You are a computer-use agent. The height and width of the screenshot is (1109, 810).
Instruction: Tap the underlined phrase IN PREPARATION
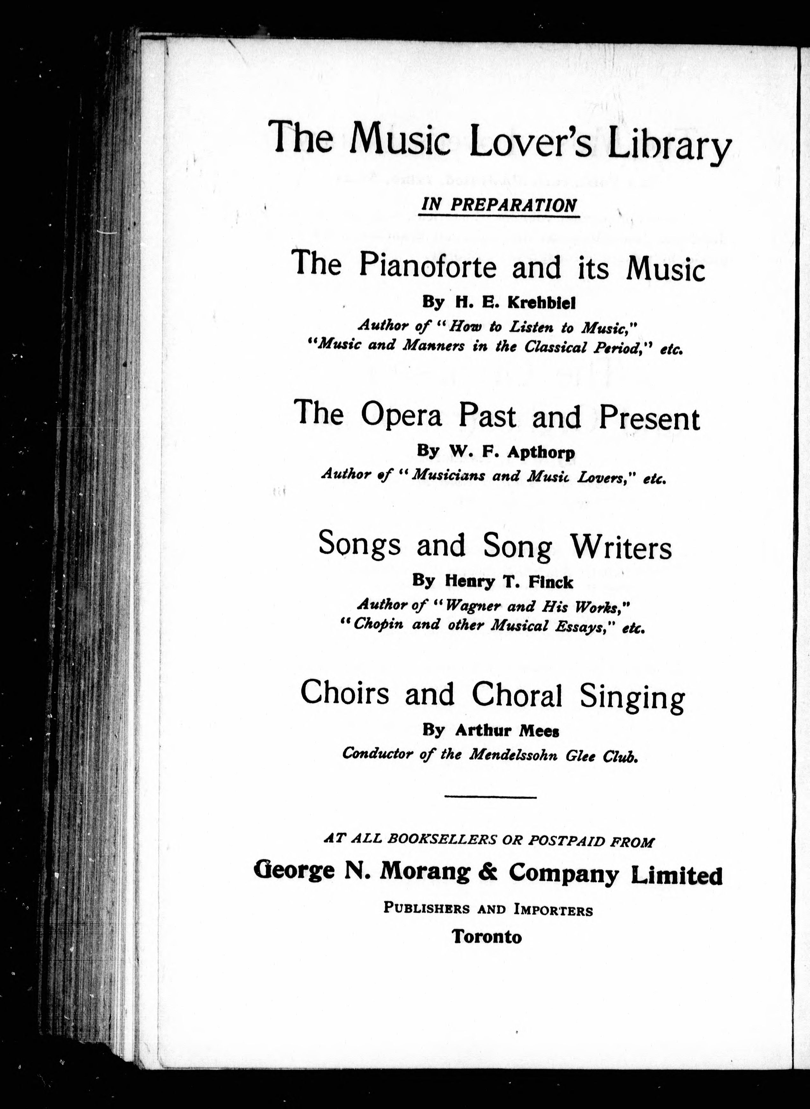coord(499,205)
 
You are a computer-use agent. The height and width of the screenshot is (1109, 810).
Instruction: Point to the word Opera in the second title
coord(401,416)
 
